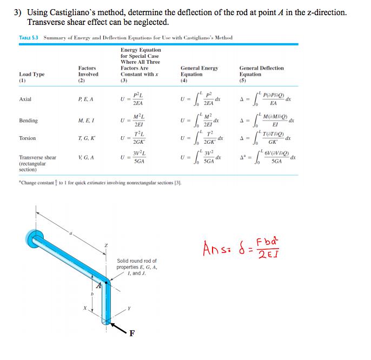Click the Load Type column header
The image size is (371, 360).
tap(32, 74)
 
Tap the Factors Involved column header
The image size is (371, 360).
tap(88, 71)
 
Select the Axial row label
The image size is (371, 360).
tap(25, 99)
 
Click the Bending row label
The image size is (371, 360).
tap(29, 121)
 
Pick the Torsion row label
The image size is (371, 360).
tap(28, 138)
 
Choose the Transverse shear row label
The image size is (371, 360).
tap(38, 157)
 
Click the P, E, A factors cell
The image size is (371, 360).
tap(86, 99)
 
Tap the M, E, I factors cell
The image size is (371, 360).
tap(87, 121)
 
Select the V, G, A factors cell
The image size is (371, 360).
tap(87, 157)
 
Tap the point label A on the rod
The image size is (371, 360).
tap(100, 287)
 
